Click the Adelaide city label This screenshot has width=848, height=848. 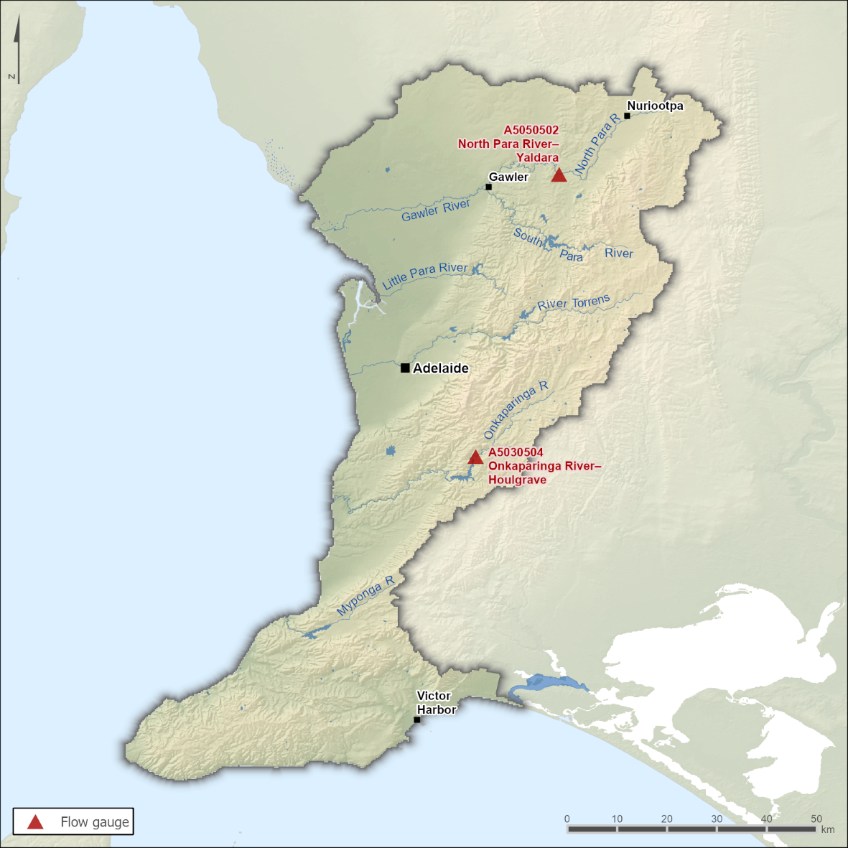tap(440, 368)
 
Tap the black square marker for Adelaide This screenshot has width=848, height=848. tap(405, 368)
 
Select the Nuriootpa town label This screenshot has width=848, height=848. tap(655, 106)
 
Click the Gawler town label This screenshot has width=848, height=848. tap(508, 177)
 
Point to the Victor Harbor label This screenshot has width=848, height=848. tap(436, 703)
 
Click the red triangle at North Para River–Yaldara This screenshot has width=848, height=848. tap(559, 175)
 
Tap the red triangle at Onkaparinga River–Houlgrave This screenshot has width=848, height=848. tap(475, 457)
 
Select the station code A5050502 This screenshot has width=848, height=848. tap(531, 130)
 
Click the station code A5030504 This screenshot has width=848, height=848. tap(516, 452)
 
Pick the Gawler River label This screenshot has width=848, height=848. tap(435, 210)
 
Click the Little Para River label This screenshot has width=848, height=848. tap(424, 275)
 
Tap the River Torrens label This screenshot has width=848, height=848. tap(573, 303)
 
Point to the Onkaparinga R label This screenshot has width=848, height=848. tap(515, 410)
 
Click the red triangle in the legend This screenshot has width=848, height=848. tap(35, 822)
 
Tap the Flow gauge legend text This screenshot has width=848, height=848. tap(95, 822)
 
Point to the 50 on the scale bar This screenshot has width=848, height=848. tap(816, 819)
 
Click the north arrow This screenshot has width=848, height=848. tap(17, 50)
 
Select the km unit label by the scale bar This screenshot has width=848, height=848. tap(827, 829)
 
